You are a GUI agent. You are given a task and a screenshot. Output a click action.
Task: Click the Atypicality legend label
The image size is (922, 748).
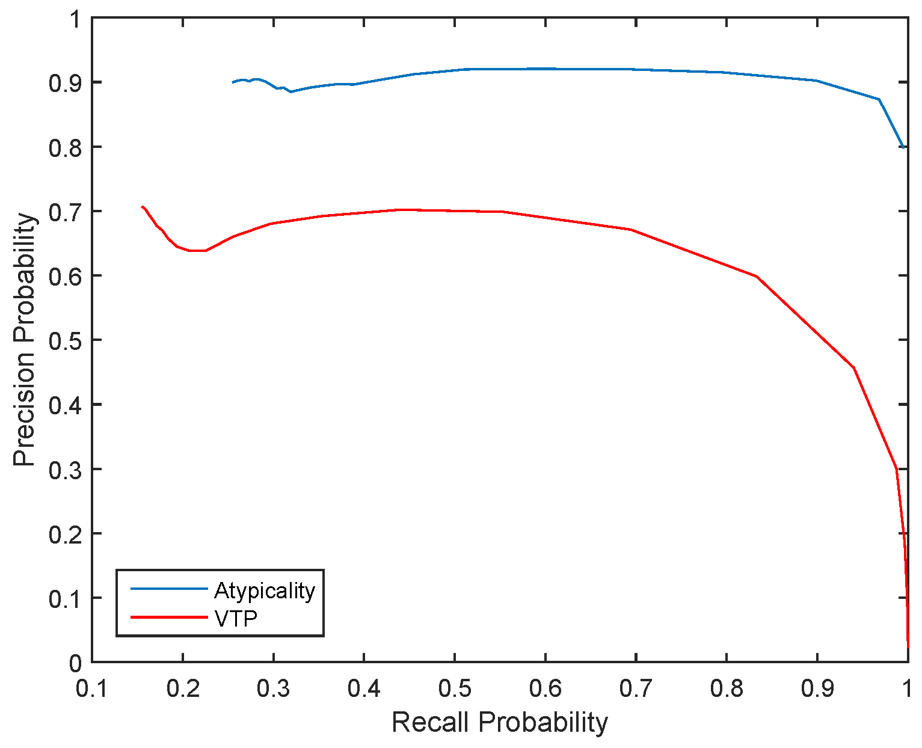coord(264,590)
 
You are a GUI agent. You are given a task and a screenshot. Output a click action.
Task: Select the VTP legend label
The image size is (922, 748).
coord(236,618)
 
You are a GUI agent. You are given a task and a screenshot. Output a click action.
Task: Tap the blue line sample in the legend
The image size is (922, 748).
coord(169,589)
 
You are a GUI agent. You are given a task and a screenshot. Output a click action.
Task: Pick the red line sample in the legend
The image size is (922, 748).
coord(169,617)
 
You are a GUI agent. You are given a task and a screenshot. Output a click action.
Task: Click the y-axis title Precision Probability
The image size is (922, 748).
coord(25,340)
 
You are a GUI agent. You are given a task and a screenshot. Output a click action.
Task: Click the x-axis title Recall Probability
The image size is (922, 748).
coord(500,722)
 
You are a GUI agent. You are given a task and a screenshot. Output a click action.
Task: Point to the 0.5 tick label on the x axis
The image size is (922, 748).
coord(455,689)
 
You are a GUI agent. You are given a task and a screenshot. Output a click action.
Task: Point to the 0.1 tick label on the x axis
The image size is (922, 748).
coord(92,689)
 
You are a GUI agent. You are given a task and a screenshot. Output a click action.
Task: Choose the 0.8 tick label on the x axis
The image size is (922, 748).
coord(727,689)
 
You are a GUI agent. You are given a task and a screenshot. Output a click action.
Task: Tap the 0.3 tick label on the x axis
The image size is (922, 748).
coord(274,689)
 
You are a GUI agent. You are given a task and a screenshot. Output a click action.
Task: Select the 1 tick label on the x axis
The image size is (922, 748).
coord(907,689)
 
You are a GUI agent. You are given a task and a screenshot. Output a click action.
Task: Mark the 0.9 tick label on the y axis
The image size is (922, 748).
coord(64,82)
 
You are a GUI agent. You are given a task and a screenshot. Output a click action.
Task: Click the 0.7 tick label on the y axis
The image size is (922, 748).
coord(64,212)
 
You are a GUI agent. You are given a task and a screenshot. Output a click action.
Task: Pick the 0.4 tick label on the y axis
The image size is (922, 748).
coord(64,405)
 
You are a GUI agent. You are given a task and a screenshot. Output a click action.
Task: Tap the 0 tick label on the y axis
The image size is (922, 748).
coord(74,663)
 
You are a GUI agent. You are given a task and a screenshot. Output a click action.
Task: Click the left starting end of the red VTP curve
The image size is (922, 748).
coord(142,207)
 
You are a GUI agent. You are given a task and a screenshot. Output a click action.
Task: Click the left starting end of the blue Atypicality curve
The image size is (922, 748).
coord(233,82)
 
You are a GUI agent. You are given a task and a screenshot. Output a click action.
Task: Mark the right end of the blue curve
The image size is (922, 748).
coord(903,147)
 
